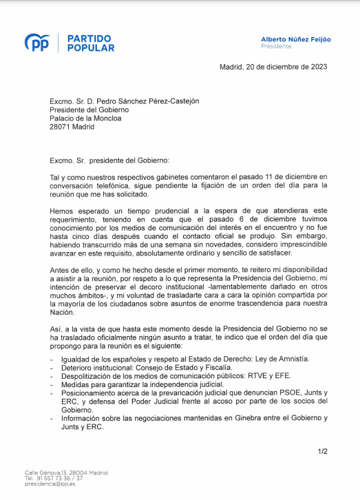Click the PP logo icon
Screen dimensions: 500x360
click(x=36, y=43)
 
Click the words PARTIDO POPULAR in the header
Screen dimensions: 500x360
click(x=91, y=43)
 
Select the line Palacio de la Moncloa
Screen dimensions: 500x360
click(x=85, y=118)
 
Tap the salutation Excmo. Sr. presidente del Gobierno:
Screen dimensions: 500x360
click(x=109, y=160)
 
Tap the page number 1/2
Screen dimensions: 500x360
click(x=322, y=452)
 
